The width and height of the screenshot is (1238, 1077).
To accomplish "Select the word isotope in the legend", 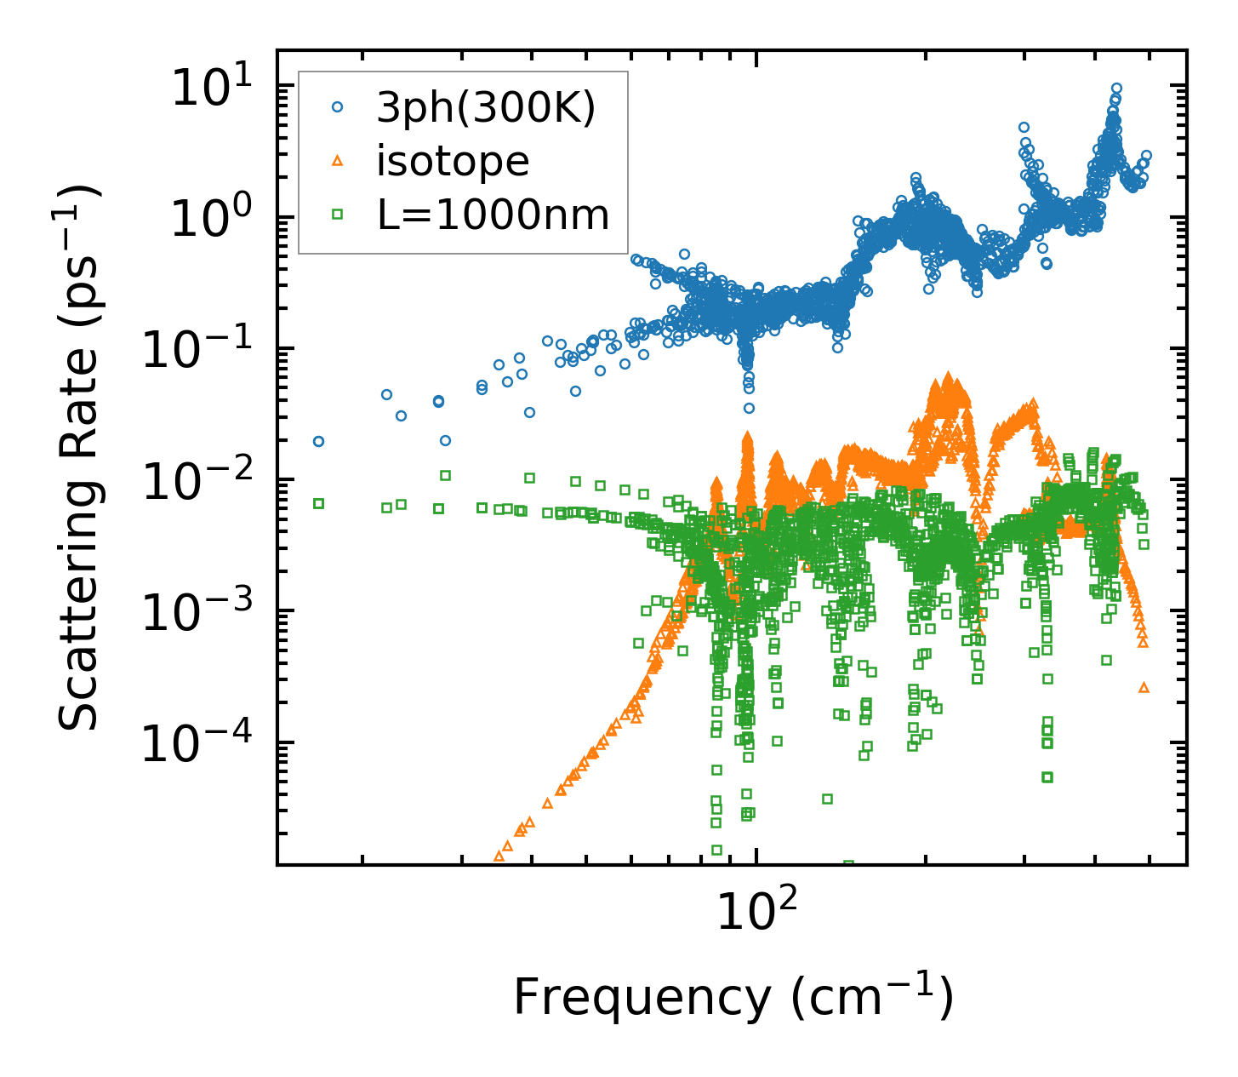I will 453,161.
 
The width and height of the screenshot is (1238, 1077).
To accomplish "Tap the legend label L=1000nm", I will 493,215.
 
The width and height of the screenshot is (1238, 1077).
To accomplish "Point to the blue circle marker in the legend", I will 338,107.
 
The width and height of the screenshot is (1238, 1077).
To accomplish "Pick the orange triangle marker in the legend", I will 338,161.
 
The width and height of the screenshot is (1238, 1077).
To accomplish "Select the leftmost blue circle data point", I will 319,441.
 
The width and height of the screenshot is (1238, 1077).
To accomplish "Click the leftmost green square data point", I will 319,503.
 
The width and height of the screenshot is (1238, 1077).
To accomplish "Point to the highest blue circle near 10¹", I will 1116,88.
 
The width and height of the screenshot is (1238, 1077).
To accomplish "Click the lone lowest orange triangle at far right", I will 1144,687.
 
